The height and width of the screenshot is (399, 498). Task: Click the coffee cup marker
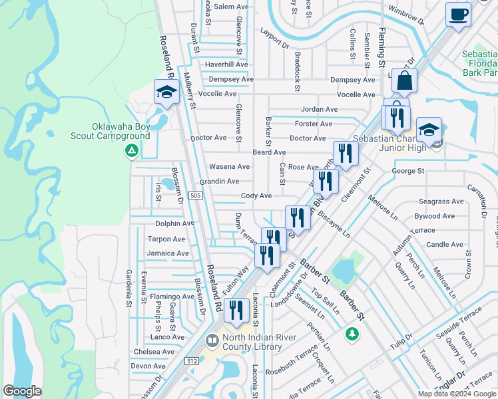tap(458, 14)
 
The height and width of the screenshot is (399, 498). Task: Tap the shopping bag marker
tap(404, 81)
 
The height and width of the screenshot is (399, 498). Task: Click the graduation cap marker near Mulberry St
tap(166, 92)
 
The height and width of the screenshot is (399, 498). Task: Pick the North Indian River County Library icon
tap(212, 341)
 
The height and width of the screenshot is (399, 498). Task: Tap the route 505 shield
tap(195, 195)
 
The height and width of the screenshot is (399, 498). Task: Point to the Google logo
tap(23, 391)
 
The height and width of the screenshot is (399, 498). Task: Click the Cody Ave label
tap(256, 196)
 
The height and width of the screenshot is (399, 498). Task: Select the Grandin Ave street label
tap(219, 181)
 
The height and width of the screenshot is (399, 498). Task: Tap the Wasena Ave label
tap(230, 166)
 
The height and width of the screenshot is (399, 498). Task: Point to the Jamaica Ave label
tap(168, 253)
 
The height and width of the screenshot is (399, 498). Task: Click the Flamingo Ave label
tap(172, 297)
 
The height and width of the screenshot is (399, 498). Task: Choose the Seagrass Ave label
tap(441, 201)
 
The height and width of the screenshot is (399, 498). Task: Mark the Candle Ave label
tap(445, 245)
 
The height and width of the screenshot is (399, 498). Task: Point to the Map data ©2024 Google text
tap(457, 394)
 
